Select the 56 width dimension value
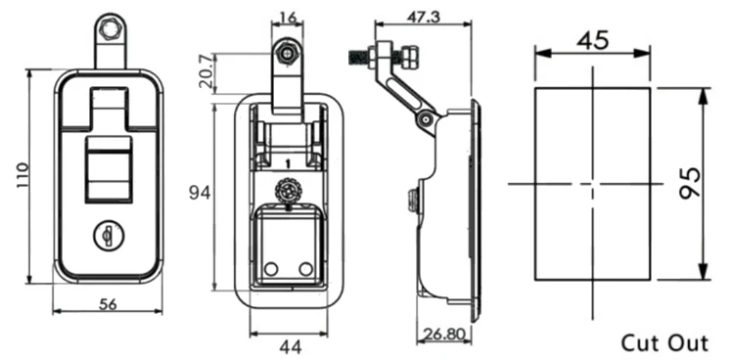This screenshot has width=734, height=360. click(109, 304)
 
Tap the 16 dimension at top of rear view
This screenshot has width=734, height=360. click(287, 17)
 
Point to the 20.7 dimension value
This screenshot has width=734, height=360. click(206, 72)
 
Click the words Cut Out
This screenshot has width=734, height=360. click(664, 342)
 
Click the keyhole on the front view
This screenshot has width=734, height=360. click(107, 235)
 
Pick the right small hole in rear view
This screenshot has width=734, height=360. click(305, 269)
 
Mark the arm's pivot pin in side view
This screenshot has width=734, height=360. click(426, 118)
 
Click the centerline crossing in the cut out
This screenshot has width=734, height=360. click(593, 184)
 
